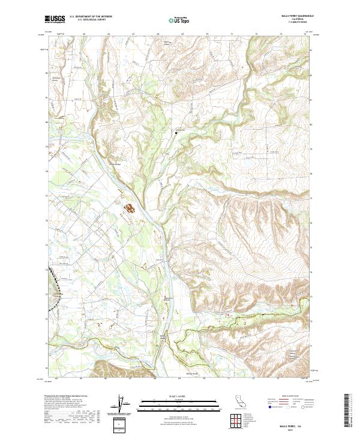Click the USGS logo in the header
click(55, 20)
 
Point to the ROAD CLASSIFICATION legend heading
click(292, 397)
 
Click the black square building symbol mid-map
click(176, 133)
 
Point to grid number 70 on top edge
click(207, 34)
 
